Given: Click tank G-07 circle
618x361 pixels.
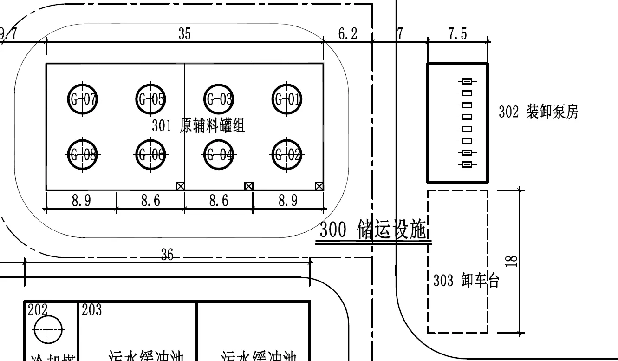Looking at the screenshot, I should click(x=83, y=99).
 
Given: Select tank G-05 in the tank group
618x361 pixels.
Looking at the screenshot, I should click(x=150, y=99).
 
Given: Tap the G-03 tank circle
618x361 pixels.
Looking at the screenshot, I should click(x=219, y=99).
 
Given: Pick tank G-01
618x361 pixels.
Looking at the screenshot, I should click(x=287, y=99).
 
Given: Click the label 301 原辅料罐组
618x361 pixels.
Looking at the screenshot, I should click(x=198, y=126).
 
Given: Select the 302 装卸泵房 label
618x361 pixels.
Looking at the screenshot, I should click(x=539, y=112).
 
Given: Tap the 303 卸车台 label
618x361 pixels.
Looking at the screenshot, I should click(x=466, y=281).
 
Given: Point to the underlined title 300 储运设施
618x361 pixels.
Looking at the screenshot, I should click(x=373, y=230).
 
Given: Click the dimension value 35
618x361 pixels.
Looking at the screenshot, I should click(x=184, y=34).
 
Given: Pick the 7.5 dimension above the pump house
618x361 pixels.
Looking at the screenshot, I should click(x=457, y=34).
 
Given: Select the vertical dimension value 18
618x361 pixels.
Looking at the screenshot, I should click(x=512, y=261).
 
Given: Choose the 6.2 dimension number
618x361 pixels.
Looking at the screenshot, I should click(x=348, y=34).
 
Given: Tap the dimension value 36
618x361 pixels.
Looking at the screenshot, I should click(x=167, y=254).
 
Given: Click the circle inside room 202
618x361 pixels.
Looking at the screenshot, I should click(x=48, y=329).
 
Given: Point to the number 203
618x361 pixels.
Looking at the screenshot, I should click(x=91, y=310).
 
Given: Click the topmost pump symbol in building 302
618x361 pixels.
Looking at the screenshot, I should click(x=467, y=81).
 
